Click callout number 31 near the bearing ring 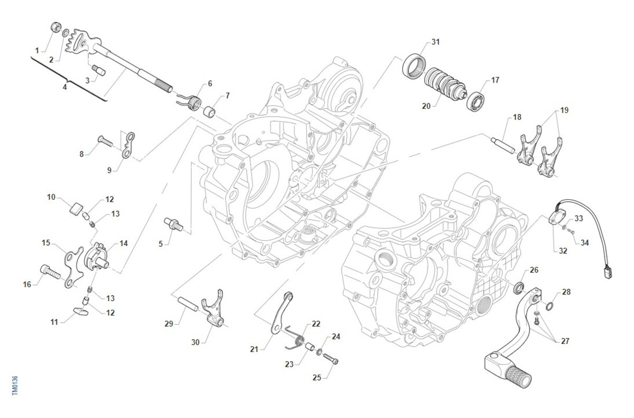[435, 42]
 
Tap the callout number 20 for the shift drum [426, 106]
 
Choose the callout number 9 [109, 170]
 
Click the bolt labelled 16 [49, 271]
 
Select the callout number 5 [161, 243]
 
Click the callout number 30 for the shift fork [195, 342]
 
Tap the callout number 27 [565, 341]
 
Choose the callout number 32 [563, 250]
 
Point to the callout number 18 [516, 117]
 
